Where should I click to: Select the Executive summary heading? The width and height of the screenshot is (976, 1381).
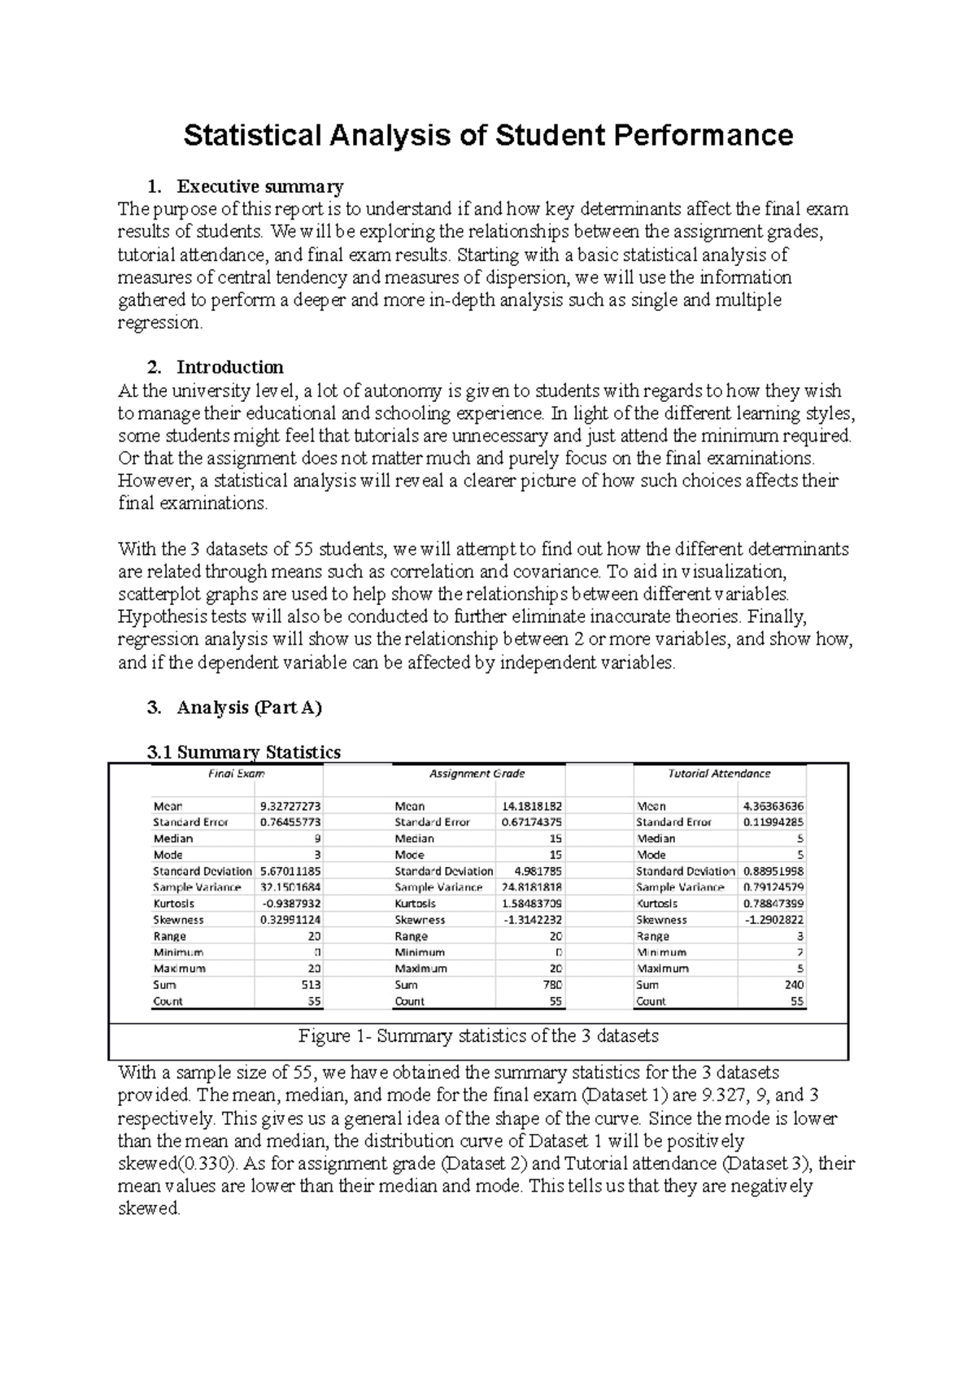pos(259,187)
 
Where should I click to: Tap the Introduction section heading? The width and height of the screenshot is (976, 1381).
pos(230,367)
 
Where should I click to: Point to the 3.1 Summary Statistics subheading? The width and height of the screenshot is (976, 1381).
pos(243,752)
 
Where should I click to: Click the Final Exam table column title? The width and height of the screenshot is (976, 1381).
pos(237,773)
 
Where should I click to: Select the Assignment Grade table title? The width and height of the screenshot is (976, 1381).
pos(477,773)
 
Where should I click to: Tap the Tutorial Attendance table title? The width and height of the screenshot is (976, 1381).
pos(719,773)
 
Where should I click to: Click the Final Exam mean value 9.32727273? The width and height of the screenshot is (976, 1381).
pos(290,806)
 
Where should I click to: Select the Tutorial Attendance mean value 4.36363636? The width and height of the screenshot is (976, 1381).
pos(773,806)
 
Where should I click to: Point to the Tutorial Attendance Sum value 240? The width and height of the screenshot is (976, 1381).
pos(794,985)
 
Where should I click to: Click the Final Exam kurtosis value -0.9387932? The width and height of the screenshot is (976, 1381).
pos(291,904)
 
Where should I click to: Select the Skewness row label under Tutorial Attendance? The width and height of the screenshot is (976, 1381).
pos(661,920)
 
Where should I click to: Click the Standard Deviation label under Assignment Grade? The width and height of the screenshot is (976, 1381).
pos(444,871)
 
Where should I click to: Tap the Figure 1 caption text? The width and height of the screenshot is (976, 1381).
pos(478,1037)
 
